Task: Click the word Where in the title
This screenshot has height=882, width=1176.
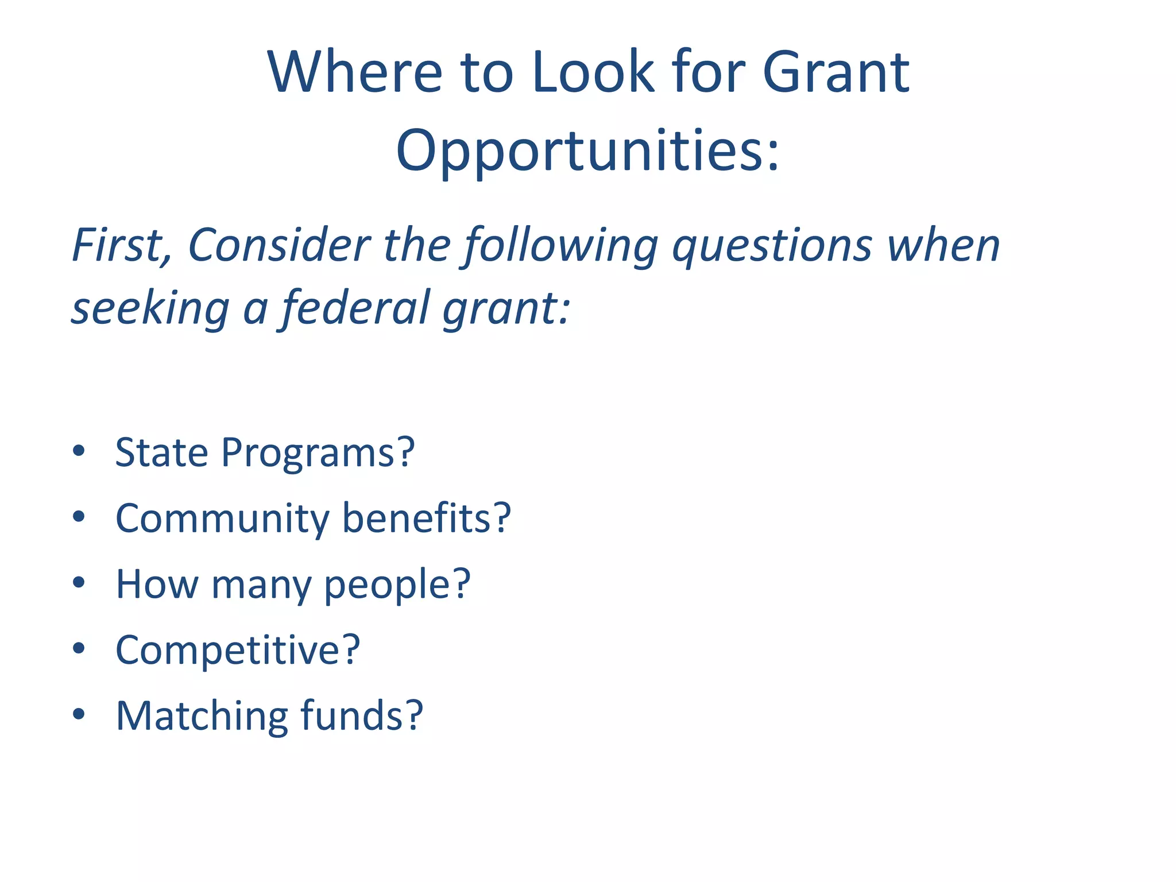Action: click(354, 72)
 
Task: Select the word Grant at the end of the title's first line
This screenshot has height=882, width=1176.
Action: click(835, 72)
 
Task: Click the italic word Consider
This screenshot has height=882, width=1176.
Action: click(280, 246)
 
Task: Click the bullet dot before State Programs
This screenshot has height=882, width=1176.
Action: click(79, 451)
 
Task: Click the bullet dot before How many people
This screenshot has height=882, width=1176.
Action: click(79, 583)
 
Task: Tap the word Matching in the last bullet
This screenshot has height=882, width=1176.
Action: click(202, 717)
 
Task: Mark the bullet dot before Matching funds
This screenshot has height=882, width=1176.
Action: click(79, 714)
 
